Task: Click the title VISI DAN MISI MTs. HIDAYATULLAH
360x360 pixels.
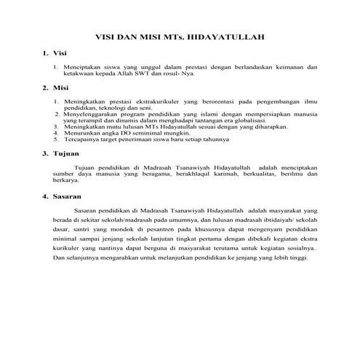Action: tap(180, 36)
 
